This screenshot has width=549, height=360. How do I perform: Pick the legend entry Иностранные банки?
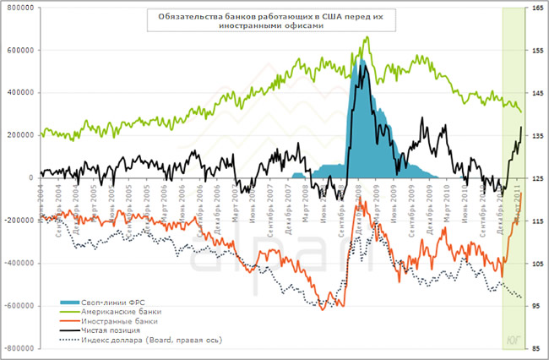[116, 320]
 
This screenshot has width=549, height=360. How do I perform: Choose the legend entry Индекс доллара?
[148, 340]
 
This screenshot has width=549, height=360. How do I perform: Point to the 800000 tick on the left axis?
[18, 8]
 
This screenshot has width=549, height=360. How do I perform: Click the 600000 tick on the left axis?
[18, 50]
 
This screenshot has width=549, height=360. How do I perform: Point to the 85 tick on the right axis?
[536, 348]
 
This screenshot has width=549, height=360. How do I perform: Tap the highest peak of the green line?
[367, 37]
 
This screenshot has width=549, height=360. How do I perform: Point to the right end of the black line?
[521, 127]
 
